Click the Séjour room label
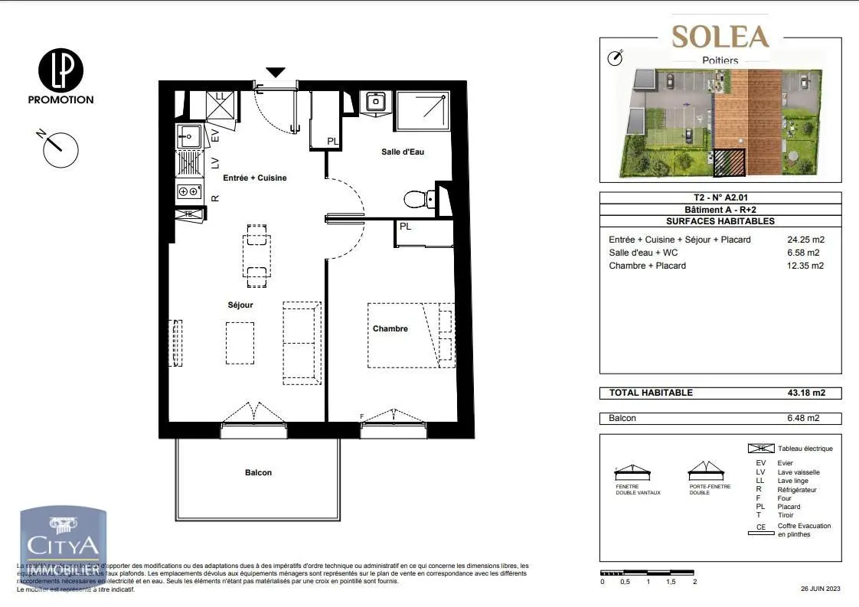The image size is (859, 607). coord(240,305)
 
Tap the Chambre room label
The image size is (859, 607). coord(390,329)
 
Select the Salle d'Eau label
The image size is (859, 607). coord(403,152)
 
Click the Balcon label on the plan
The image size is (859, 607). coord(258,472)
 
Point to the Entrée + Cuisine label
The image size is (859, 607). coord(254,178)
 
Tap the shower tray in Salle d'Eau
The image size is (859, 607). coord(420,111)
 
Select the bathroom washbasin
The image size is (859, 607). coord(375,102)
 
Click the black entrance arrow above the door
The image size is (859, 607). coord(276,72)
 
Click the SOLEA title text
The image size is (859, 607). coord(720,36)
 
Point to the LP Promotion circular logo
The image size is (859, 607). coord(60,70)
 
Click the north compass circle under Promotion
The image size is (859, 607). coord(61,149)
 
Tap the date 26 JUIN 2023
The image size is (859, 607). coord(821,589)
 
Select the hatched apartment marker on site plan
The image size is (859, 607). coord(730,162)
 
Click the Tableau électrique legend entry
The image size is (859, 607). coord(804,449)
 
